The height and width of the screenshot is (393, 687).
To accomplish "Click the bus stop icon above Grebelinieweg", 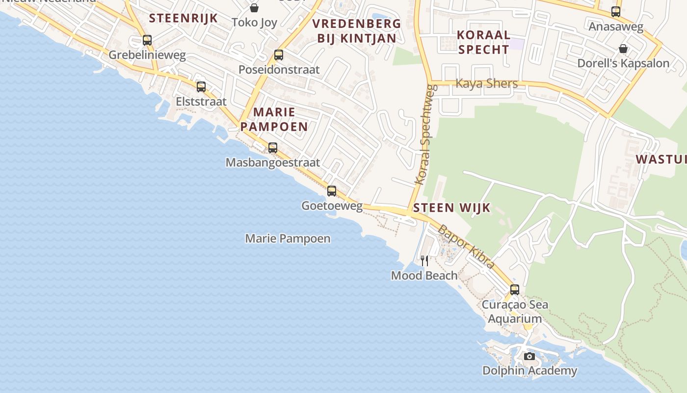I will [x=147, y=40].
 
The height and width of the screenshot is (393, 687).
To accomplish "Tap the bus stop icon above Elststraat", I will [x=201, y=87].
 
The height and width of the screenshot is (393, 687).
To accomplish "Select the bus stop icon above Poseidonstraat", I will [x=279, y=55].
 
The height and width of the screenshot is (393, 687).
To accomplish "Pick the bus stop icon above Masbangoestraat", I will [x=273, y=147].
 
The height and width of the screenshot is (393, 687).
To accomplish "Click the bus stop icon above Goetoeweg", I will [x=332, y=191].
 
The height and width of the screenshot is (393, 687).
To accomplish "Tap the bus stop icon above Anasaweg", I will [x=616, y=12].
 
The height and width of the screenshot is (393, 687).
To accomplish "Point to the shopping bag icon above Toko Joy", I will [x=254, y=8].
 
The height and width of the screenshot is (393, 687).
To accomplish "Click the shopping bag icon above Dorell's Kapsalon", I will [x=623, y=49].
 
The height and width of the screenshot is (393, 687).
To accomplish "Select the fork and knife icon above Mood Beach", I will [x=424, y=260].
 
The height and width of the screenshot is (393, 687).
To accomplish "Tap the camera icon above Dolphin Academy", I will [x=529, y=356].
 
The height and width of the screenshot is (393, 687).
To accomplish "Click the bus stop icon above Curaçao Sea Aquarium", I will [x=515, y=290].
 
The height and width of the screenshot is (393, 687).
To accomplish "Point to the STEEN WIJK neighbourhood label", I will [x=451, y=208].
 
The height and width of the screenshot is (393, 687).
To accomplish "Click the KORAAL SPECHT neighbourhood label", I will [x=484, y=42].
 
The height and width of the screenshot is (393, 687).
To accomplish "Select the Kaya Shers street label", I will [x=487, y=84].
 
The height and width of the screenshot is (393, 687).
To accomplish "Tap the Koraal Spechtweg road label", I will [x=425, y=135].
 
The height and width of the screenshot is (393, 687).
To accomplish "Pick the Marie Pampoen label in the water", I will [x=288, y=239].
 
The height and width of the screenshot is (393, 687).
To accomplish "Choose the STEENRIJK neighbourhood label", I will [x=183, y=18].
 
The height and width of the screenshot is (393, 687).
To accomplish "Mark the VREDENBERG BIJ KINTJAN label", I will [x=357, y=31].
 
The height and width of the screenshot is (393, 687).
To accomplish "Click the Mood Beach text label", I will [x=424, y=276].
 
